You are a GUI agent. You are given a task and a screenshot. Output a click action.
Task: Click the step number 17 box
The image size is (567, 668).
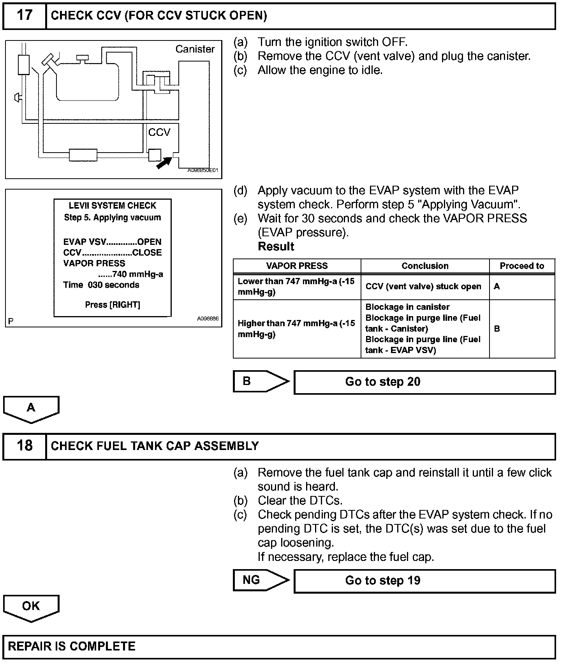click(x=24, y=16)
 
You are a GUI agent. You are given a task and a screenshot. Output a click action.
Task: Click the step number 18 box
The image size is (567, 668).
click(x=24, y=446)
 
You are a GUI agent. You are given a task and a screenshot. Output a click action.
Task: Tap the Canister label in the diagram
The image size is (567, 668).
click(x=195, y=49)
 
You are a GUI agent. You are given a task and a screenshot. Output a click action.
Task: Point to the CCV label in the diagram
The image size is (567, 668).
click(x=159, y=133)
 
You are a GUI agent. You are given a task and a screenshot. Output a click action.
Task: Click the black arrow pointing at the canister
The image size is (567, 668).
click(x=164, y=163)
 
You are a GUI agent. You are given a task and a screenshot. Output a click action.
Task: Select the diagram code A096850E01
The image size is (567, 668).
click(x=202, y=170)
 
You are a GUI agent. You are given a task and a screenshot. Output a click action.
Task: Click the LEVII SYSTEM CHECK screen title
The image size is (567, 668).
click(x=113, y=206)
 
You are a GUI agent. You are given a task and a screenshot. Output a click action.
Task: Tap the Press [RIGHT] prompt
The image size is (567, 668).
click(x=113, y=305)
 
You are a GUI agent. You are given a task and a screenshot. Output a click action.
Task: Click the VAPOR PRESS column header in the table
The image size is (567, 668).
click(x=297, y=266)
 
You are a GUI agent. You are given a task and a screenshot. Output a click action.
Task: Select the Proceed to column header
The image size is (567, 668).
click(x=522, y=266)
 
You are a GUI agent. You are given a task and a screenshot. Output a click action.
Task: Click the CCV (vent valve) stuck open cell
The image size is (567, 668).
click(x=423, y=287)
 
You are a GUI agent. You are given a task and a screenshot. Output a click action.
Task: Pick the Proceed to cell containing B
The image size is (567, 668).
click(x=522, y=329)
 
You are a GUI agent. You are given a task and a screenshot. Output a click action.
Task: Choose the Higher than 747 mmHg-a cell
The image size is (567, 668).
click(x=296, y=329)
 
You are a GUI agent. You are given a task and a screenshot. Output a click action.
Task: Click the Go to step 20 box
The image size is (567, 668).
click(x=424, y=382)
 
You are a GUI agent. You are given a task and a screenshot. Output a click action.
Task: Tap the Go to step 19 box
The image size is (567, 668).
click(x=424, y=581)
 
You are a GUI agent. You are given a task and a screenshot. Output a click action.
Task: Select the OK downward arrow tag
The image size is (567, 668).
click(x=31, y=607)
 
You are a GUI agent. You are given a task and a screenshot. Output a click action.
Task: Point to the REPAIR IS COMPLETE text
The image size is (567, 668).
click(x=72, y=647)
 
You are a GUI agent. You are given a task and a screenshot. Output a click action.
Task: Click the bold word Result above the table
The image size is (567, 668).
click(x=276, y=246)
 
